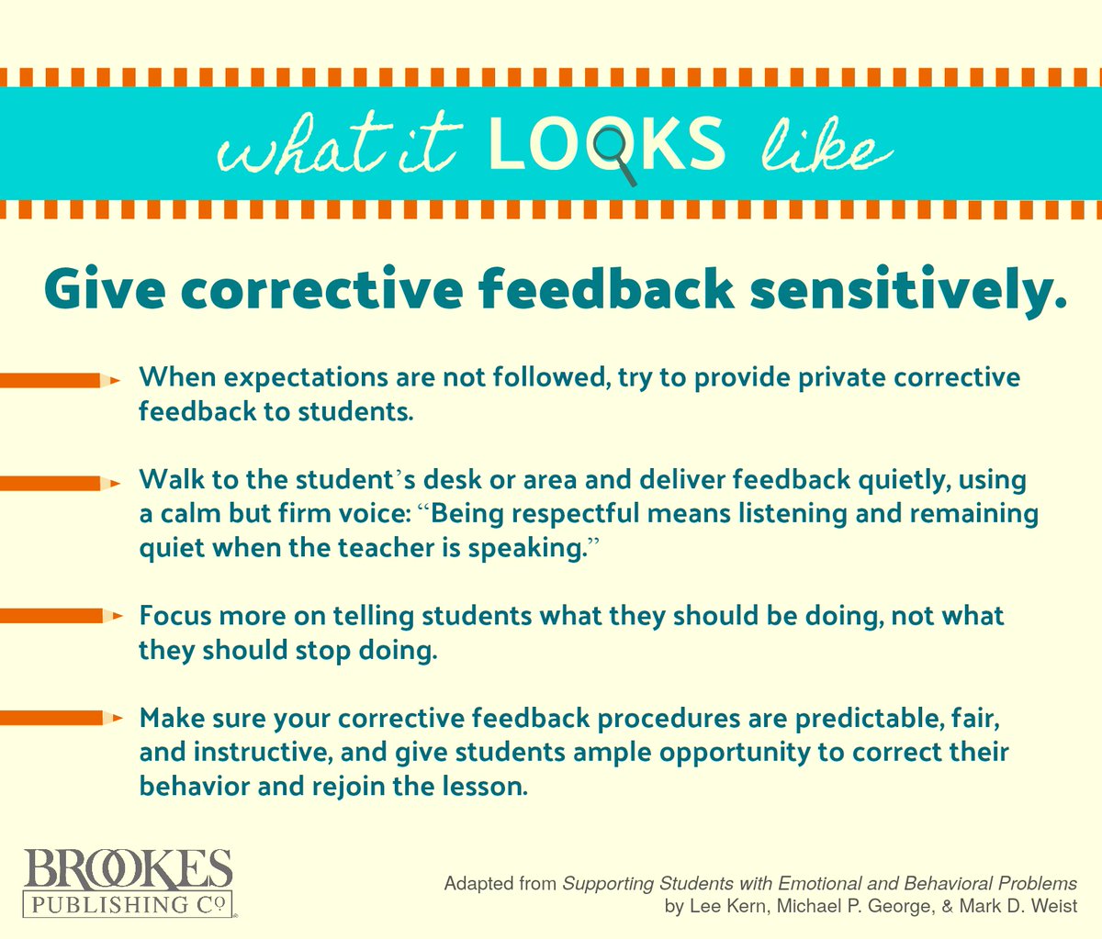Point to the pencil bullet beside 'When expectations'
coord(61,379)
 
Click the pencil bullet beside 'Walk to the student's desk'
coord(61,483)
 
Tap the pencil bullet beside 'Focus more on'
coord(61,617)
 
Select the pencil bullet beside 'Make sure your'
coord(61,719)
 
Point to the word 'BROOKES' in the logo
coord(128,869)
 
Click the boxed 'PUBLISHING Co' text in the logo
coord(128,904)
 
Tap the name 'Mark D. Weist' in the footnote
coord(1022,907)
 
